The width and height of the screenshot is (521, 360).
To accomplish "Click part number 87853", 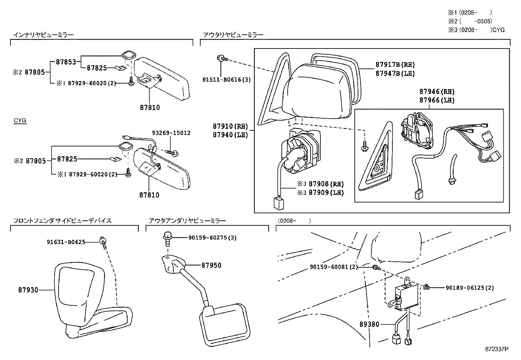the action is pyautogui.click(x=66, y=62).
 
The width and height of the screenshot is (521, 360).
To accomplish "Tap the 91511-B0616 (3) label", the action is pyautogui.click(x=226, y=80).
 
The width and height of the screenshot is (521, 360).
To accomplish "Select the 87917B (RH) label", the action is pyautogui.click(x=395, y=65).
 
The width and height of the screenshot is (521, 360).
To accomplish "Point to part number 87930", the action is pyautogui.click(x=28, y=290).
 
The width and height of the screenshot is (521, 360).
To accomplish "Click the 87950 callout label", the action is pyautogui.click(x=211, y=265).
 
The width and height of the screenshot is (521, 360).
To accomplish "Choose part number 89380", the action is pyautogui.click(x=369, y=324).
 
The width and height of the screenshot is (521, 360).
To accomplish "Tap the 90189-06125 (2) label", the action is pyautogui.click(x=470, y=288).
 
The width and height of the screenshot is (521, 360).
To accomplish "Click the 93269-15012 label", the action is pyautogui.click(x=171, y=133).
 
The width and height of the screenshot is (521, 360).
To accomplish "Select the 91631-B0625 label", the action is pyautogui.click(x=66, y=242).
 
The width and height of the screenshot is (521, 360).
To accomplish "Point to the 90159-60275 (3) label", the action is pyautogui.click(x=212, y=238).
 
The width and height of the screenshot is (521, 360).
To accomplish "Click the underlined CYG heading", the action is pyautogui.click(x=20, y=121).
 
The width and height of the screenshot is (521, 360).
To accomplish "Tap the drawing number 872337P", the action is pyautogui.click(x=496, y=349).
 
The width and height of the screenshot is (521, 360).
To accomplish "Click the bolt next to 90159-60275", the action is pyautogui.click(x=168, y=239).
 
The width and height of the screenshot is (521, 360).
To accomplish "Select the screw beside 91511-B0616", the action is pyautogui.click(x=222, y=58).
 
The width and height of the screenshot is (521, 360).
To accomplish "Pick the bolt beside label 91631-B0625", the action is pyautogui.click(x=103, y=243).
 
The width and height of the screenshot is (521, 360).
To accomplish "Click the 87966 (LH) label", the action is pyautogui.click(x=437, y=100).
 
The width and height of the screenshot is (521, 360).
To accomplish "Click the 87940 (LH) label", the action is pyautogui.click(x=230, y=135).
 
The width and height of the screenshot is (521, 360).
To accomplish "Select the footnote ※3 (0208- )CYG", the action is pyautogui.click(x=476, y=30).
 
